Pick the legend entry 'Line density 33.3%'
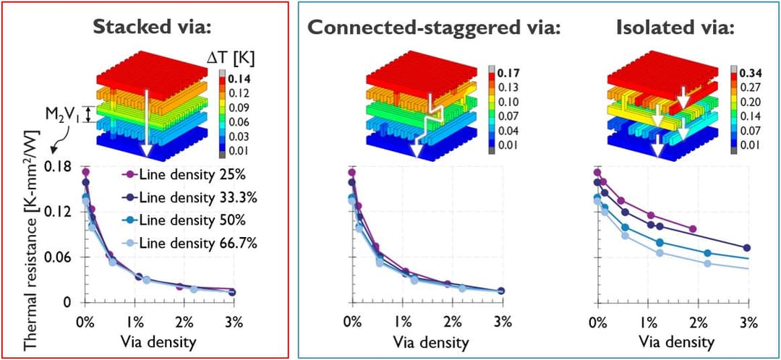pyautogui.click(x=193, y=197)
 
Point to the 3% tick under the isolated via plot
pyautogui.click(x=749, y=321)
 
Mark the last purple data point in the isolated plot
pyautogui.click(x=693, y=228)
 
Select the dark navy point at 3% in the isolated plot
pyautogui.click(x=747, y=248)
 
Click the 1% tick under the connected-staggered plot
pyautogui.click(x=403, y=321)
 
